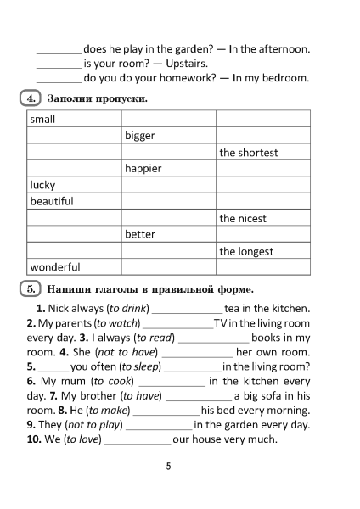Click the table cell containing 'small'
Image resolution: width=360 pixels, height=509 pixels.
[73, 120]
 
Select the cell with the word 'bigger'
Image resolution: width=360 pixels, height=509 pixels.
[168, 136]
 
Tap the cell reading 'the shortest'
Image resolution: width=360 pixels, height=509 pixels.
[262, 153]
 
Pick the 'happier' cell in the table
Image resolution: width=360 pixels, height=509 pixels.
[168, 169]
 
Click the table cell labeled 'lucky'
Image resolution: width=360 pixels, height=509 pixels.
[73, 185]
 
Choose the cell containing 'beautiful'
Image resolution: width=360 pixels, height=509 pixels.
[73, 202]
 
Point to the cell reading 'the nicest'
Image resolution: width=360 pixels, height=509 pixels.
[262, 218]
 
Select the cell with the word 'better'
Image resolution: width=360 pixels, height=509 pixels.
[168, 234]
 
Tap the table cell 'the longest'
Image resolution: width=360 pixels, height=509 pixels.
[262, 251]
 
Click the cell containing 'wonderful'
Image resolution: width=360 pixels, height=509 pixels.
[73, 267]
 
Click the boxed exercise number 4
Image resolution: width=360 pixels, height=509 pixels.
[30, 98]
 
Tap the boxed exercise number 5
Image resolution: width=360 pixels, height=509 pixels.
[30, 288]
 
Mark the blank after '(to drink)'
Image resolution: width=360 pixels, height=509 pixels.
[186, 310]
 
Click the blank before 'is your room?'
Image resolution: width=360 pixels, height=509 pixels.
[59, 64]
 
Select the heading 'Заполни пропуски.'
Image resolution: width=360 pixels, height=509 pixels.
[98, 99]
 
